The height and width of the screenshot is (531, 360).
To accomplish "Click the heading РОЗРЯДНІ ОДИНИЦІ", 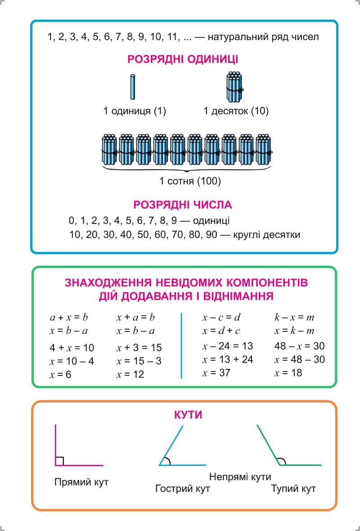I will pos(183,59).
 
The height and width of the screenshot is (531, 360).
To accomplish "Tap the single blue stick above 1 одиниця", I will pos(133,87).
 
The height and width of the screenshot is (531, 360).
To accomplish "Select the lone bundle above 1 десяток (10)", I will pos(234,87).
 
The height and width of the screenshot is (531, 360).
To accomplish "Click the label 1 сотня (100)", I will pos(190,181).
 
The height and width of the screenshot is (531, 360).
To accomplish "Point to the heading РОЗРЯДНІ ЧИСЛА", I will pos(183,205).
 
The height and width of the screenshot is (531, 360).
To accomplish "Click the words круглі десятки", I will pos(267,235).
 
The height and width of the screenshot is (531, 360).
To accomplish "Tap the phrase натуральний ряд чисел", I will pos(263,37).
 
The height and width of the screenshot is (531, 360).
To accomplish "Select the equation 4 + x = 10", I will pos(72,348).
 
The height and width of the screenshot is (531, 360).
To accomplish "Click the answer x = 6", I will pos(61,374).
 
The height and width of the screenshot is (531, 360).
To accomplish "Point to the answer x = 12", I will pos(130,374).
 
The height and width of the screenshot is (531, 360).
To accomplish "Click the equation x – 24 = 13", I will pos(228,346).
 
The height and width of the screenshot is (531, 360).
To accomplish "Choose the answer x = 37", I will pos(216,373).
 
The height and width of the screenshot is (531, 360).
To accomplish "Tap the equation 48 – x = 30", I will pos(299,346).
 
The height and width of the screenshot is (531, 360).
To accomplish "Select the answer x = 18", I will pos(288,373).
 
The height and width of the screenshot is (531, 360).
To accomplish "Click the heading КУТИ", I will pos(188,415).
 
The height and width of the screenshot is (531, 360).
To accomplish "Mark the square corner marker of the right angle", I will pos(59,461).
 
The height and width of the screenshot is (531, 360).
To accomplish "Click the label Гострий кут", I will pos(183,489).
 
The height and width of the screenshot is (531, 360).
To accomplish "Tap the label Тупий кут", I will pos(293,489).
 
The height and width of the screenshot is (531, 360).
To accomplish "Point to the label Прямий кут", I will pos(81,482).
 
